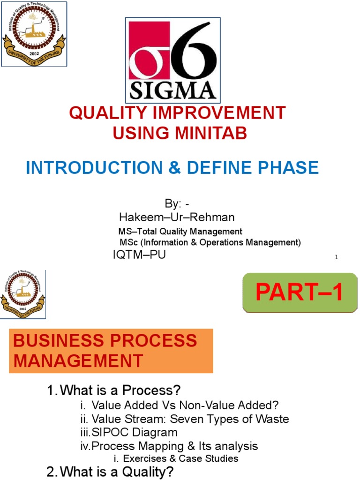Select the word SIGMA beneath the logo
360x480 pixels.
pos(173,90)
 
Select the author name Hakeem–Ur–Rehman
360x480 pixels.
pos(177,217)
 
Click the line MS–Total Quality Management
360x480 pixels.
pos(180,231)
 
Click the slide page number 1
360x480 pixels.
pos(337,257)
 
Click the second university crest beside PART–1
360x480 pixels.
pos(23,294)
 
